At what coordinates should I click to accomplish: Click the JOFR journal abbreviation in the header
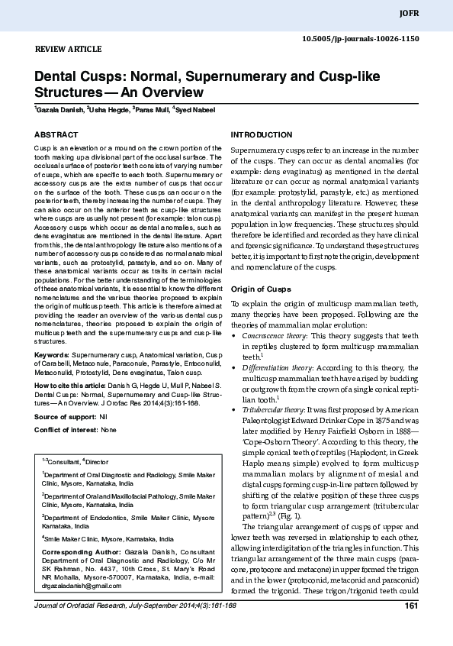click(430, 13)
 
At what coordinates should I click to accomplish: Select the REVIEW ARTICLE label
click(69, 49)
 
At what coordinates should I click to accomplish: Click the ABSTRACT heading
click(56, 134)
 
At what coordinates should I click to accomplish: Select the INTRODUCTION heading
click(261, 134)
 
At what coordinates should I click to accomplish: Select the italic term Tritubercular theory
click(272, 410)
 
